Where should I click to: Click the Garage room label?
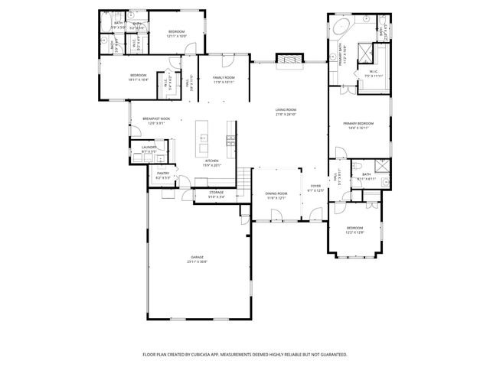pyautogui.click(x=197, y=260)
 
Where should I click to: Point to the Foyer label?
pyautogui.click(x=315, y=188)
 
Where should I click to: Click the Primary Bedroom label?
pyautogui.click(x=358, y=125)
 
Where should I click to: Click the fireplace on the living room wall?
pyautogui.click(x=286, y=59)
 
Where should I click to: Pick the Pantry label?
pyautogui.click(x=163, y=175)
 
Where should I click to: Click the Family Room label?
pyautogui.click(x=223, y=80)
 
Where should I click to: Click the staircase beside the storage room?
pyautogui.click(x=244, y=182)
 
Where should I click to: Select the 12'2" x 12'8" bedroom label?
pyautogui.click(x=354, y=230)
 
